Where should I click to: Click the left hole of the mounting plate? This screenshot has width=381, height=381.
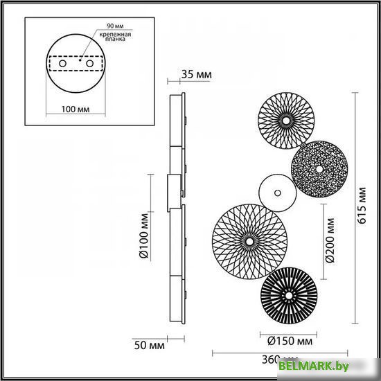pyautogui.click(x=63, y=63)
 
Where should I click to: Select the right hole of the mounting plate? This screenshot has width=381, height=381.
pyautogui.click(x=91, y=63)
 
